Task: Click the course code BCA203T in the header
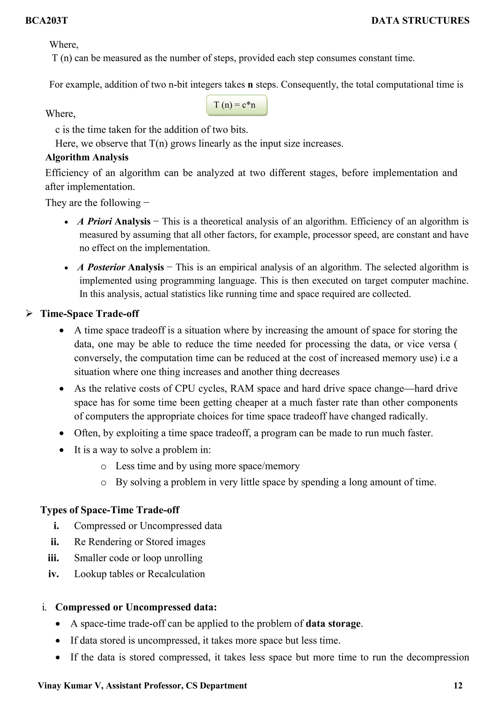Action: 47,21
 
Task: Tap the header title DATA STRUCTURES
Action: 420,21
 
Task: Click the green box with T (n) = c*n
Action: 236,105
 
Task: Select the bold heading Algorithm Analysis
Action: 87,157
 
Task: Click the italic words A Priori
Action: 95,221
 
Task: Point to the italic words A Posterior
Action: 101,267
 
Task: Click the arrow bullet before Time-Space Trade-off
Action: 29,314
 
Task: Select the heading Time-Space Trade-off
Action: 89,314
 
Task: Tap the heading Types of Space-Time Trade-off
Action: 110,510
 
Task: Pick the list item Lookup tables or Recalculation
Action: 139,574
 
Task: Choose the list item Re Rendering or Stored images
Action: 139,542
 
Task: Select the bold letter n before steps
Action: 250,85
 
